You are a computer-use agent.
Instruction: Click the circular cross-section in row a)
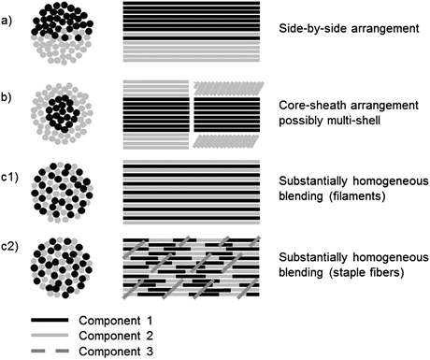pos(64,33)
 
